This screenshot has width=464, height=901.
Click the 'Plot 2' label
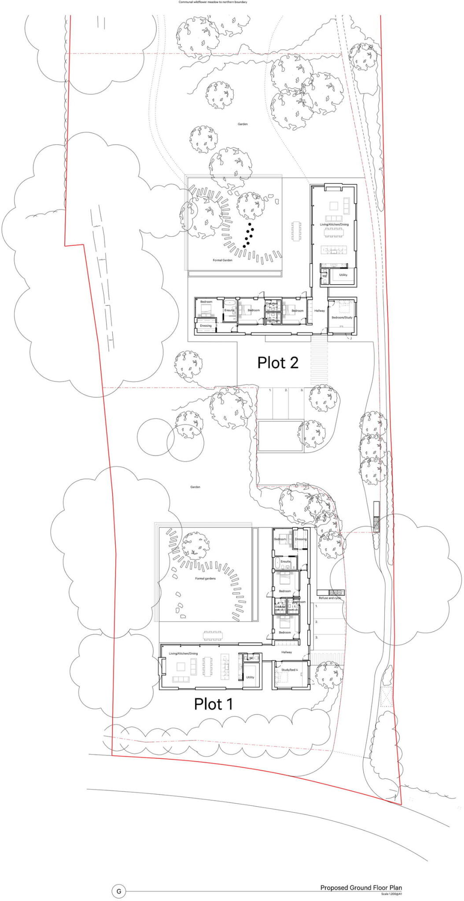(x=278, y=363)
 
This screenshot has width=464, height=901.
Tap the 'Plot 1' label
(x=214, y=704)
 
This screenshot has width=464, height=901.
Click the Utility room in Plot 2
(x=343, y=275)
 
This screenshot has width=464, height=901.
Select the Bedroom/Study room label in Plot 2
(x=342, y=317)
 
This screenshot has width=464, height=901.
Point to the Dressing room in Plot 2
(x=206, y=326)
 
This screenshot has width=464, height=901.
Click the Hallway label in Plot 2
(x=320, y=311)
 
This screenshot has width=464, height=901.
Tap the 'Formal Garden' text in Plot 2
(x=222, y=260)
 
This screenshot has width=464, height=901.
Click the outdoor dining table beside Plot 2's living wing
(x=296, y=231)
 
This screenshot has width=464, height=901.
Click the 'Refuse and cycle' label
(x=330, y=598)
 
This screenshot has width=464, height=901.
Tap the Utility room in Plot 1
(x=250, y=677)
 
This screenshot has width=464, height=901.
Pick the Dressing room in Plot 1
(x=301, y=539)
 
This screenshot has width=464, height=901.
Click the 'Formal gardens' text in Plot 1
(x=206, y=579)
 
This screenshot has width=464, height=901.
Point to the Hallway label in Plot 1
(x=287, y=652)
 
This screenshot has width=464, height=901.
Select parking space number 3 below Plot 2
(x=302, y=390)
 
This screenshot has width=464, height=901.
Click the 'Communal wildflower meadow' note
(x=213, y=2)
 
